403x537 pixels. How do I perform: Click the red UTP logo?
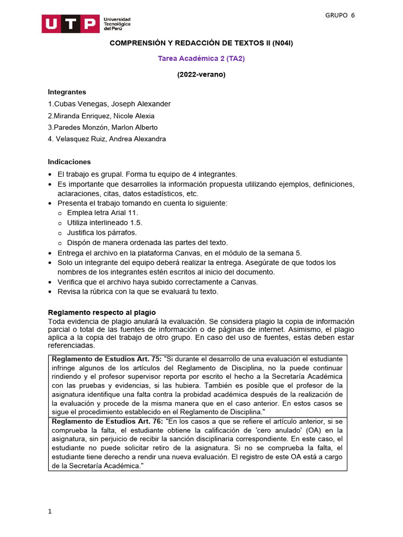coord(70,24)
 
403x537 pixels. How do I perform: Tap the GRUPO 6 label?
coord(340,15)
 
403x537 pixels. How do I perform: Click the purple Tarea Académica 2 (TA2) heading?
coord(201,59)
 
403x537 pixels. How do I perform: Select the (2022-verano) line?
coord(201,74)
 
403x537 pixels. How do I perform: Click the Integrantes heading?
coord(67,92)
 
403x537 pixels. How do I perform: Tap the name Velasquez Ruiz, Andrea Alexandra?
coord(108,139)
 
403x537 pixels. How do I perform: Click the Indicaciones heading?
coord(69,162)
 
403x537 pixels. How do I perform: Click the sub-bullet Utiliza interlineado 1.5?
coord(105,222)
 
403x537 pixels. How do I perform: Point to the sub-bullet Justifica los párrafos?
coord(102,232)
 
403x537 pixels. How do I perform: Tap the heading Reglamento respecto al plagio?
coord(102,312)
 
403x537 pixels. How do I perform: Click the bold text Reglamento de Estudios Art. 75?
coord(106,359)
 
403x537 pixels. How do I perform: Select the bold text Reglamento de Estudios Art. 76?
coord(106,421)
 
